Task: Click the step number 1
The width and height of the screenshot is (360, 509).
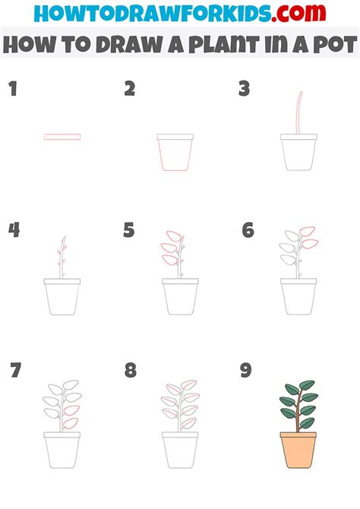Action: [x=12, y=90]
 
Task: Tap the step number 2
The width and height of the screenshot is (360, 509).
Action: [x=129, y=90]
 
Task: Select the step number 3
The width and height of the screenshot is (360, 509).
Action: [x=244, y=90]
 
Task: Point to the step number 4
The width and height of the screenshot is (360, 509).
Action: [x=14, y=230]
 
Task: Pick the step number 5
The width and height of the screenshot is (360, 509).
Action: [x=129, y=230]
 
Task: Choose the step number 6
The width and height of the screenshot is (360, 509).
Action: [x=247, y=230]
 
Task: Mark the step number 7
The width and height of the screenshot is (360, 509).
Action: [x=14, y=371]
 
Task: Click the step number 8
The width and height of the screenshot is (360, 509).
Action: [x=130, y=371]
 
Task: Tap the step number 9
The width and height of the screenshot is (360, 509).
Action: [x=245, y=371]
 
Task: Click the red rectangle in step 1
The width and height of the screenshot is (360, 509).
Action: [x=62, y=137]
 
